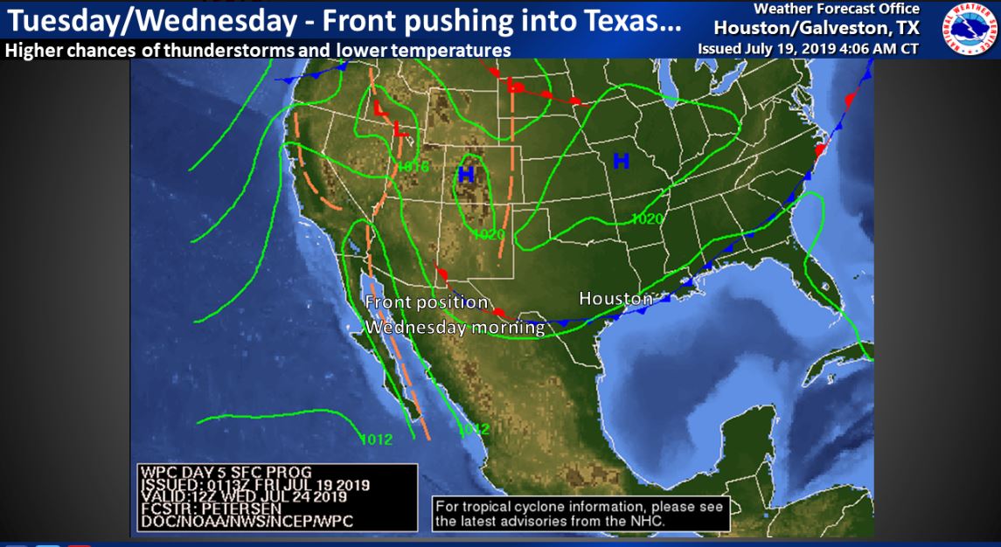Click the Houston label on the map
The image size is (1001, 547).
615,299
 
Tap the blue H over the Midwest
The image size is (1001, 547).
621,161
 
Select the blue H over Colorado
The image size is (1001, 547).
466,175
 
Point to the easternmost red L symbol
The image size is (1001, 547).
515,86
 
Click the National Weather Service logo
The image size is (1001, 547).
965,29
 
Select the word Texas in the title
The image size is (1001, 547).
625,21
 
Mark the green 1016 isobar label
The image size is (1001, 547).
413,166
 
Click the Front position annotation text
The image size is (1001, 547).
427,302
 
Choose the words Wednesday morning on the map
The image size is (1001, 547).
455,328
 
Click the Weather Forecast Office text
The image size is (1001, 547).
837,9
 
